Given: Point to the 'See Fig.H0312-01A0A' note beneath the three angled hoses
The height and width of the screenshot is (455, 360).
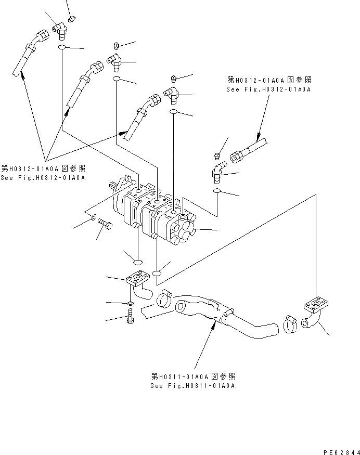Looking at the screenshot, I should (43, 178).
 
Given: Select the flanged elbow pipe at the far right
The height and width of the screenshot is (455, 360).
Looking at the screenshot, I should (315, 312).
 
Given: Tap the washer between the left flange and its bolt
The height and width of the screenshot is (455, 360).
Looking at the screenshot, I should (129, 303).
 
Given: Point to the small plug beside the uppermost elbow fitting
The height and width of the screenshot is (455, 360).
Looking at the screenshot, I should (72, 19).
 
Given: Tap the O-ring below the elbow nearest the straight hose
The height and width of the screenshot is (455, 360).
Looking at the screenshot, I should (218, 192).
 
